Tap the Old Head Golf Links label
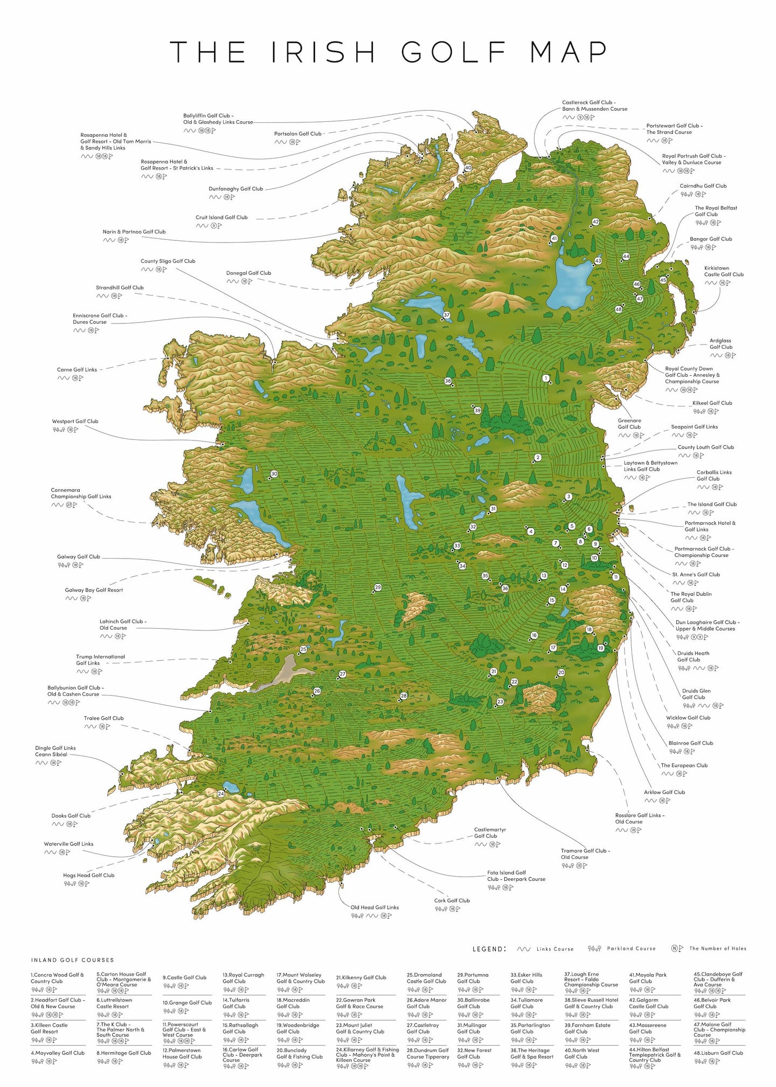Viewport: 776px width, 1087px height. pos(375,907)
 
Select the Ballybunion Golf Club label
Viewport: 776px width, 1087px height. pos(75,691)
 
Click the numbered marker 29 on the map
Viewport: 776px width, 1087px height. pos(378,587)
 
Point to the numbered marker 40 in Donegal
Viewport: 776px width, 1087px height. pos(468,168)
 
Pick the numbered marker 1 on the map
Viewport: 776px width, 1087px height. pos(546,378)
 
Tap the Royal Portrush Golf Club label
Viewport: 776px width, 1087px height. pos(694,159)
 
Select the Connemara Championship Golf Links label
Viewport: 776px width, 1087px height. pos(81,493)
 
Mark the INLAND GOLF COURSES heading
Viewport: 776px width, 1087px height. pos(72,960)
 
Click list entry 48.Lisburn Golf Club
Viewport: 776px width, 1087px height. pos(718,1052)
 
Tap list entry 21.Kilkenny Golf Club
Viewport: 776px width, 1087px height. pos(361,977)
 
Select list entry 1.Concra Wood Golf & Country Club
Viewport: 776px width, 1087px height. pos(57,978)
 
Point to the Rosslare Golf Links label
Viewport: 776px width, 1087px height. pos(640,818)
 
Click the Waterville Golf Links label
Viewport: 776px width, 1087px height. pos(68,844)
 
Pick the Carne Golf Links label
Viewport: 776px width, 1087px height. pos(77,369)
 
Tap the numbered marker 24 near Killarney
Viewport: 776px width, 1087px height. pos(221,794)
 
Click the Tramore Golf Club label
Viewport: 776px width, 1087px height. pos(585,854)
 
